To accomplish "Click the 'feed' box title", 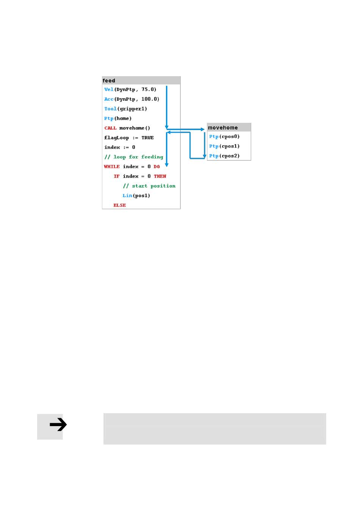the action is coord(109,80).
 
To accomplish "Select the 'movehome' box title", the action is coord(222,127).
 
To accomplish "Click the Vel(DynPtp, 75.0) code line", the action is coord(130,89).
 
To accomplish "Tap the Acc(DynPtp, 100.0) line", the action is coord(131,99).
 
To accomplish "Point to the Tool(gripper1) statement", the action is coord(125,109).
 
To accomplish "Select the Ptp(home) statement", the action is coord(118,118).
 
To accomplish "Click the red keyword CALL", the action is coord(110,128).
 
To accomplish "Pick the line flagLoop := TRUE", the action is coord(129,138).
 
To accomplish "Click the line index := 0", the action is coord(119,147).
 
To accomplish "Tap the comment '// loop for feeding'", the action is coord(134,157).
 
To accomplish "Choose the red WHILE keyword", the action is coord(112,166).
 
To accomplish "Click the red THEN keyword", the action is coord(160,176).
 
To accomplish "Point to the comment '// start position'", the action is coord(149,186).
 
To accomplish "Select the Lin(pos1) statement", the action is coord(136,196).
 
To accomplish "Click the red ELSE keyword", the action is coord(119,205).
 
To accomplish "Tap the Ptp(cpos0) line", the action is coord(224,137).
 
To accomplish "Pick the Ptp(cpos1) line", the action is coord(224,146).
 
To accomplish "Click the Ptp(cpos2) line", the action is coord(224,156).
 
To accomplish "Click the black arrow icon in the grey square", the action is coord(58,425).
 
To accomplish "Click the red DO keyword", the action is coord(157,166).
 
